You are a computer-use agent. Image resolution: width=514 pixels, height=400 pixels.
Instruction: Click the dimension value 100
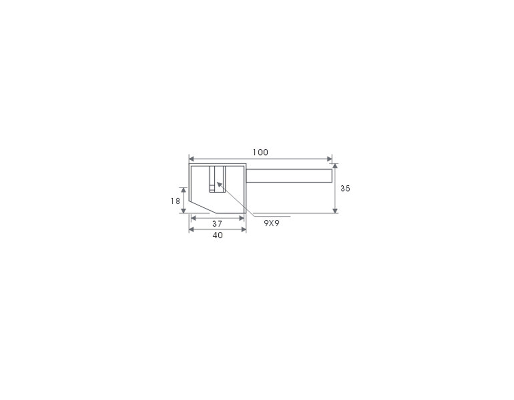click(260, 153)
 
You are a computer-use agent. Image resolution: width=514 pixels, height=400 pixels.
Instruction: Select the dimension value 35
click(345, 189)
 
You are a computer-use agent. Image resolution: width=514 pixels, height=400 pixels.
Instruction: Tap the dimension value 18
click(175, 201)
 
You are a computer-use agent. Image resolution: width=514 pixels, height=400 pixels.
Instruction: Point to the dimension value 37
click(217, 223)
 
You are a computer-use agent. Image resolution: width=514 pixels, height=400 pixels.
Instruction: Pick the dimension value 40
click(218, 235)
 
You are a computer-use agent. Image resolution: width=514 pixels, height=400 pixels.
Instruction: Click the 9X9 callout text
click(272, 223)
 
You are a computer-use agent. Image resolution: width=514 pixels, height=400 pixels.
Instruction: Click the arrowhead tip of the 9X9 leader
click(217, 182)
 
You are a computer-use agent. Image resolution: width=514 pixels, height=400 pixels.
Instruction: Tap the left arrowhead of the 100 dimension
click(191, 159)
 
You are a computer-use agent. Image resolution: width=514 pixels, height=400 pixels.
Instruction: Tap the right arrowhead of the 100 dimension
click(330, 159)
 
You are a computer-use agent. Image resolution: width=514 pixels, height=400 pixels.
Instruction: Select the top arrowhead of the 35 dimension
click(335, 166)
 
